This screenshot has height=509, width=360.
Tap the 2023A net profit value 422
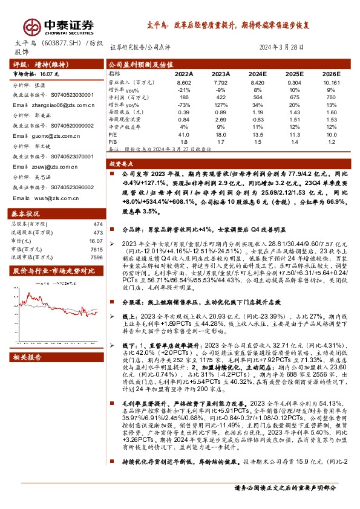coord(221,97)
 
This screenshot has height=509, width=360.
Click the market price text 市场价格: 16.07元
coord(38,73)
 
